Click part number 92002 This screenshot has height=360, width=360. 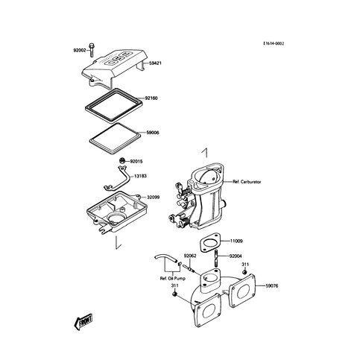(x=80, y=50)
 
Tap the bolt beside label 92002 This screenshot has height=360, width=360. (x=92, y=50)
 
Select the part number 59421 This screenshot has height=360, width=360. (x=155, y=63)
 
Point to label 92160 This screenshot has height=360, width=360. (x=151, y=98)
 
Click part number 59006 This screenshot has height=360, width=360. (x=153, y=133)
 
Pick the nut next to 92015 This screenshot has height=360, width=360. (x=122, y=160)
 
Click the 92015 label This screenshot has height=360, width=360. (x=136, y=162)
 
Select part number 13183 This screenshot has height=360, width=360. (x=140, y=176)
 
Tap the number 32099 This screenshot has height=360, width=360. (x=154, y=198)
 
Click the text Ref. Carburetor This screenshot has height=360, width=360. (x=247, y=182)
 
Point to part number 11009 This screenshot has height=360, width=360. (x=236, y=241)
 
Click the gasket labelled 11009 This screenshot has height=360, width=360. (x=209, y=241)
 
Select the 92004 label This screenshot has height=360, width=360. (x=236, y=256)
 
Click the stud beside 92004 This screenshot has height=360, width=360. (x=216, y=259)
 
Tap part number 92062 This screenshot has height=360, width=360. (x=190, y=256)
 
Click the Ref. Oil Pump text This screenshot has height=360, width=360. (x=173, y=279)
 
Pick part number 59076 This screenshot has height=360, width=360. (x=272, y=286)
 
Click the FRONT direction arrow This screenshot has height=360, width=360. (x=83, y=322)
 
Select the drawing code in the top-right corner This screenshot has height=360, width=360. (x=274, y=43)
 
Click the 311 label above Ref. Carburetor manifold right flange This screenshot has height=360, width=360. (x=245, y=265)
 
